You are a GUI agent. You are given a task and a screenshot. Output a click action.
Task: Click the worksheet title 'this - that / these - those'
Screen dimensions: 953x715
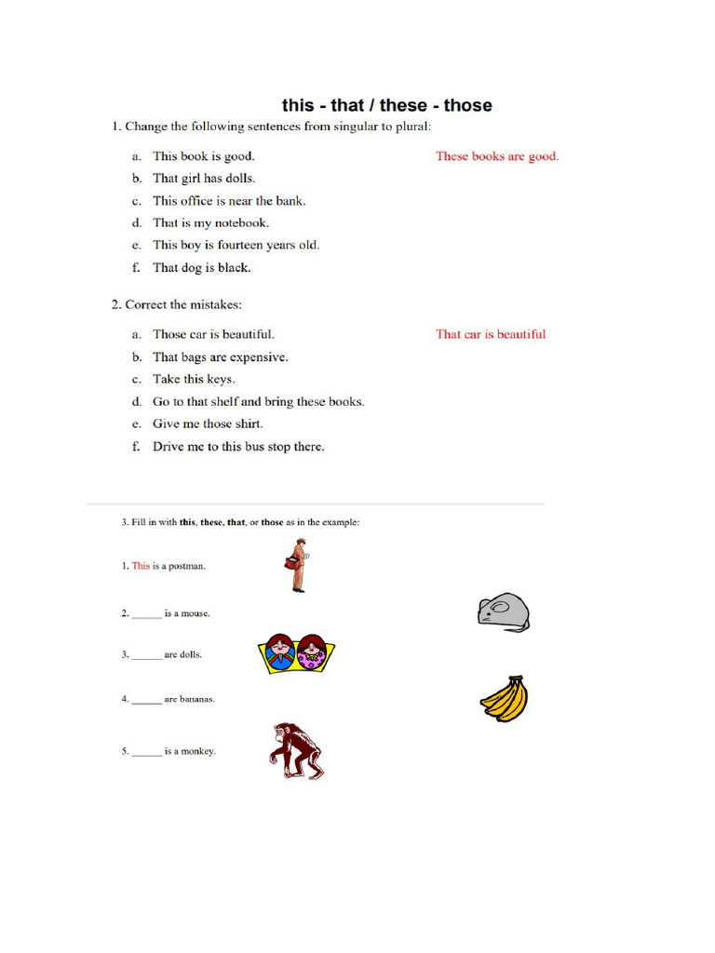[x=386, y=105]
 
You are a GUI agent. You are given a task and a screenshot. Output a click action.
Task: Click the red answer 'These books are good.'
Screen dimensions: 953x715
[x=497, y=156]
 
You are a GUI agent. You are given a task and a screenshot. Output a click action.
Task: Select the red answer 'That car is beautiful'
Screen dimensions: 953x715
[x=491, y=334]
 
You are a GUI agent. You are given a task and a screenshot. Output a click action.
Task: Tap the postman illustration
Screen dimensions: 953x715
[x=297, y=566]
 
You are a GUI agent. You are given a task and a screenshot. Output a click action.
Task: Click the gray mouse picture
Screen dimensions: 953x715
[x=503, y=611]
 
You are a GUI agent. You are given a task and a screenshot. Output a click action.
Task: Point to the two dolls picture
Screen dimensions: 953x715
[x=296, y=653]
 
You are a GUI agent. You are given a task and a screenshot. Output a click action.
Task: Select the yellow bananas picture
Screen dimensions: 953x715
[x=504, y=699]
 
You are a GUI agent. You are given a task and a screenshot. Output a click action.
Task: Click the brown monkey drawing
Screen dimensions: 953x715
[x=296, y=750]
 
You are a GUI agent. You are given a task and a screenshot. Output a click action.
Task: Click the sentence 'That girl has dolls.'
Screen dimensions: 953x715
[x=204, y=179]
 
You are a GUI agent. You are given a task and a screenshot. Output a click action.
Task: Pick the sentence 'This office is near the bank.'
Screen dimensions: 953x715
[x=229, y=201]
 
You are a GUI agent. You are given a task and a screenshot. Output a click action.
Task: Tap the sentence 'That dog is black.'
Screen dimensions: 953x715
[x=202, y=268]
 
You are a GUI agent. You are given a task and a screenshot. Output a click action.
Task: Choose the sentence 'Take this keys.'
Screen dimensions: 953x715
[x=194, y=380]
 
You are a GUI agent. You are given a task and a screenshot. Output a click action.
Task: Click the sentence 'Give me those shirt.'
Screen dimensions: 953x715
[x=208, y=424]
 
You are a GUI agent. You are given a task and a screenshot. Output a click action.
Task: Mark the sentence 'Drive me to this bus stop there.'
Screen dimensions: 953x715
[x=238, y=447]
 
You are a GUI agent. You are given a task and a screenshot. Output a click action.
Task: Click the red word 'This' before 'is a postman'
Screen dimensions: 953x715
[x=141, y=566]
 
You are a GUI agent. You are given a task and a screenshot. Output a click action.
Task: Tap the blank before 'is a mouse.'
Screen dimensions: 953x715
[x=146, y=614]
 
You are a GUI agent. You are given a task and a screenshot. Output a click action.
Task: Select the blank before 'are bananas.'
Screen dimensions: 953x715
[x=146, y=700]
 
